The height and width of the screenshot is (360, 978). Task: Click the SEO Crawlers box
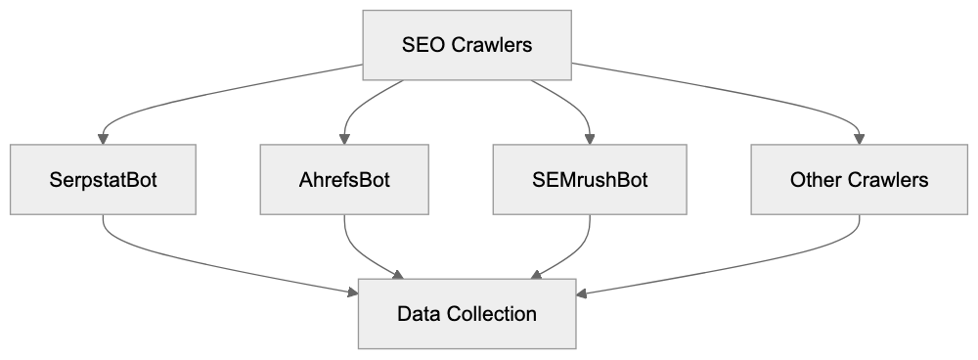467,45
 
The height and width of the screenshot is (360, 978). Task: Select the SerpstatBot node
104,180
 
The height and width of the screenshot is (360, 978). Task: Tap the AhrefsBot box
344,180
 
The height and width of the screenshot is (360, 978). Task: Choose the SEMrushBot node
590,180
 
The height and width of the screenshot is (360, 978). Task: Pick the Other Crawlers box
860,180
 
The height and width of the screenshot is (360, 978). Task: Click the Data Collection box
467,314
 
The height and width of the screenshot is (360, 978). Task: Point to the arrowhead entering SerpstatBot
104,139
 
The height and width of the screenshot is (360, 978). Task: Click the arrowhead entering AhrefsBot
344,139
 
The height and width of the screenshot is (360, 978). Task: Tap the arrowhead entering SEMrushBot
590,139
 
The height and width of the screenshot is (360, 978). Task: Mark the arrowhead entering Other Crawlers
860,139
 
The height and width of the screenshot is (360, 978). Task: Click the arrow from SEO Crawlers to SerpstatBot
196,98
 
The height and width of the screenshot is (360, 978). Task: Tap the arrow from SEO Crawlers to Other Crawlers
743,98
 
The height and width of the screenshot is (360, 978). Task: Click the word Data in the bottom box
419,314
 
